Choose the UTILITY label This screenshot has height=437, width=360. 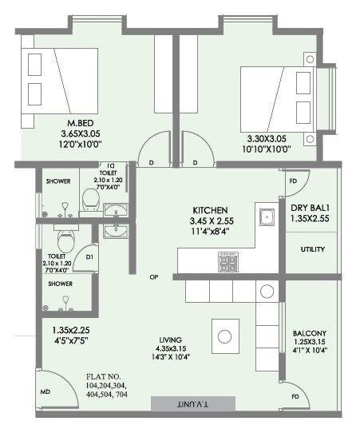312,249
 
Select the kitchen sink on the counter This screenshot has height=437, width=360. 264,216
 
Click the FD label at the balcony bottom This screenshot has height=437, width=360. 295,395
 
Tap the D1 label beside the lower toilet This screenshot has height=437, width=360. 90,257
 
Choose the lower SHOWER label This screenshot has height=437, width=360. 61,284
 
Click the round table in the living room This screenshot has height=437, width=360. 226,335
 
